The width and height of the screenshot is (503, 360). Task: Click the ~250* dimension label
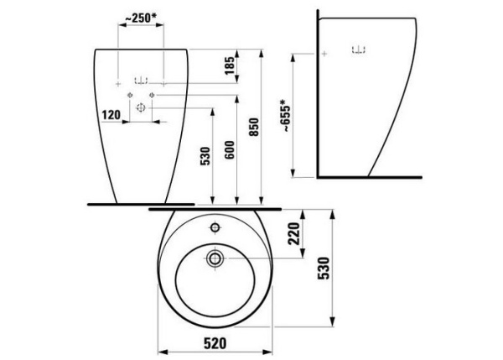coord(141,18)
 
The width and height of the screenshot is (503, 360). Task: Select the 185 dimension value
coord(230,65)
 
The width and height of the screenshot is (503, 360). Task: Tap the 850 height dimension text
coord(254,127)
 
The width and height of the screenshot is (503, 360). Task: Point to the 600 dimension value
coord(230,150)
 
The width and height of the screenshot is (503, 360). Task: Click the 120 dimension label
coord(111,115)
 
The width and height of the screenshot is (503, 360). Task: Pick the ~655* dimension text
coord(285,116)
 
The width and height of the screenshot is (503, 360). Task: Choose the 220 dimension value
coord(294,233)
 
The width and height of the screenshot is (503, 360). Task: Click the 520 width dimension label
coord(215,343)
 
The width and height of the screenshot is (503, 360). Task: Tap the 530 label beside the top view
coord(324,269)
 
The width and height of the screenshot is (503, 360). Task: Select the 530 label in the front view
coord(205,156)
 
